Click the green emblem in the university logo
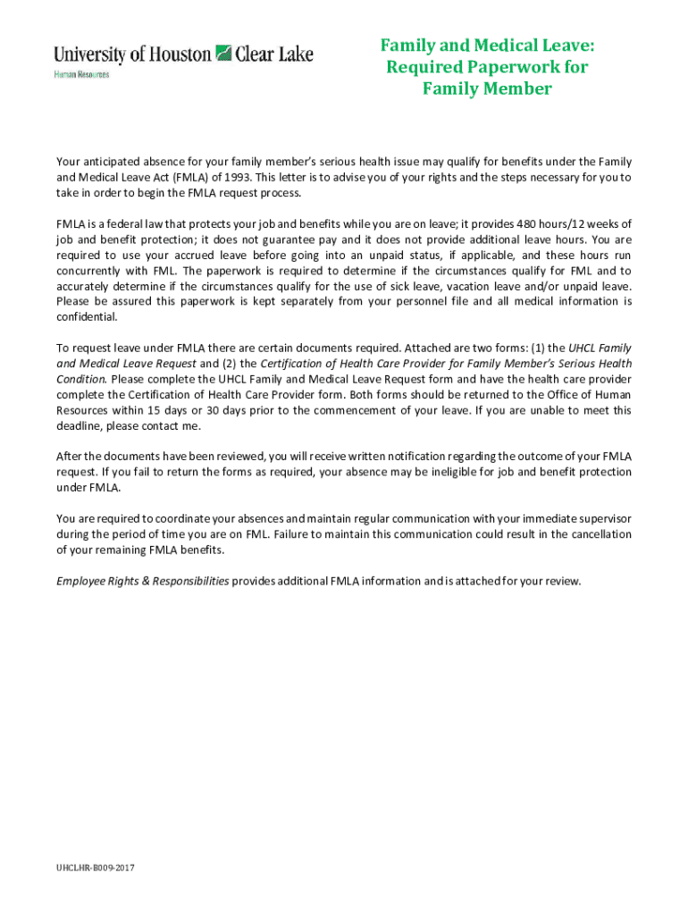click(223, 54)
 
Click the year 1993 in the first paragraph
click(235, 177)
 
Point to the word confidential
click(86, 317)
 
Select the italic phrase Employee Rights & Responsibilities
click(143, 581)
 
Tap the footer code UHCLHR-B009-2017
click(96, 868)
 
